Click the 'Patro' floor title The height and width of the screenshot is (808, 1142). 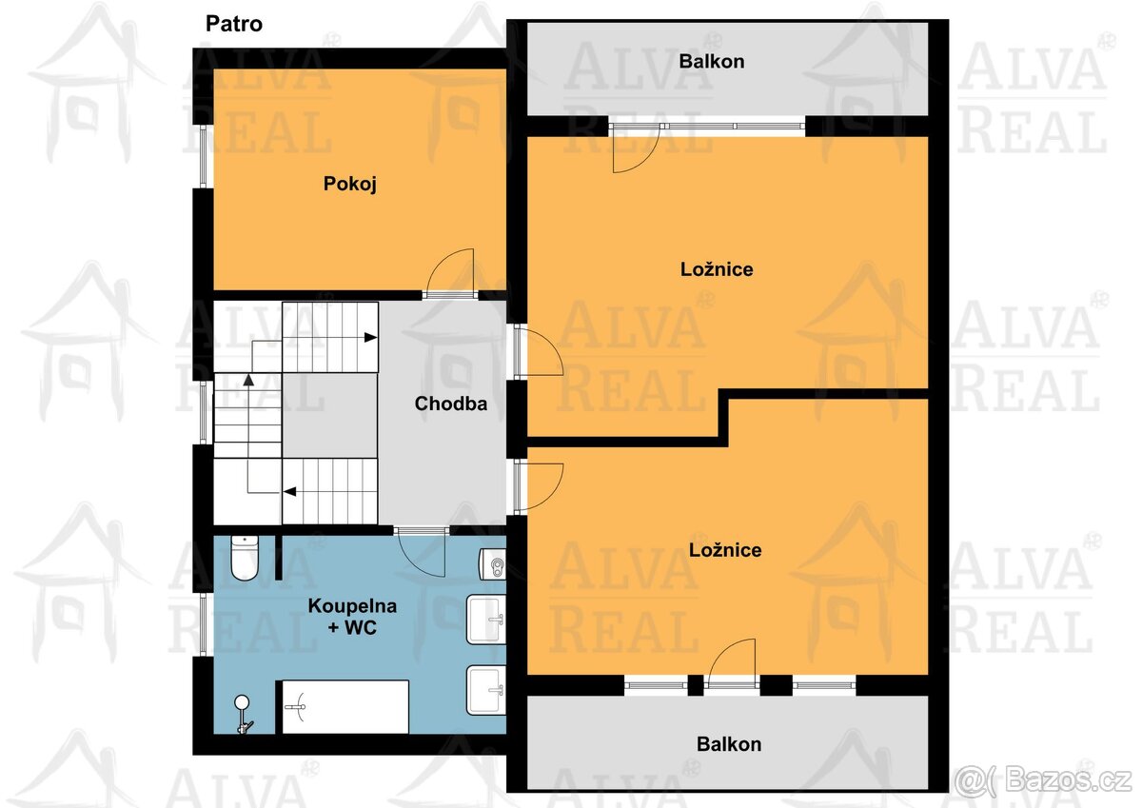pos(234,24)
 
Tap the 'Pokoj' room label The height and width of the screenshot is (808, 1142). pos(350,184)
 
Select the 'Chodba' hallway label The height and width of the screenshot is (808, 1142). pos(450,404)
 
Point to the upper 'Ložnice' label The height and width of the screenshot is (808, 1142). pos(716,269)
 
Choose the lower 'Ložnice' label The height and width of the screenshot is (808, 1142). pos(724,550)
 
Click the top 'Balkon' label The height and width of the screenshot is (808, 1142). pos(711,62)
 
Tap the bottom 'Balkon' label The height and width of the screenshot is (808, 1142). pos(728,744)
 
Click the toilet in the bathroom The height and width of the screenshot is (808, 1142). pos(245,560)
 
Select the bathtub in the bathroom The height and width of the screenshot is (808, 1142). pos(345,706)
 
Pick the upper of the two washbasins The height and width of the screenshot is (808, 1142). pos(486,620)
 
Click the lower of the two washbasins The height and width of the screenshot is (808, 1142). pos(486,689)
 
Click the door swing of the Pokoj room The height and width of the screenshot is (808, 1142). pos(450,274)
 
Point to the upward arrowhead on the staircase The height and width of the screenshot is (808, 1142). pos(248,379)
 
